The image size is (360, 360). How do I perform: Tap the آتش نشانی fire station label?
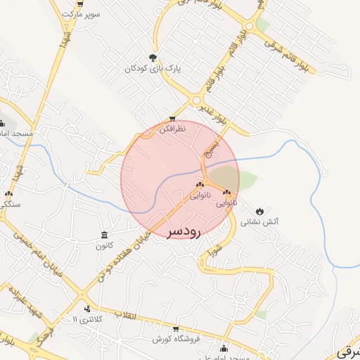[x=260, y=221]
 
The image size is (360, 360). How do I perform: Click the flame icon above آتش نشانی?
[x=260, y=210]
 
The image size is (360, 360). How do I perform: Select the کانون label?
[x=104, y=246]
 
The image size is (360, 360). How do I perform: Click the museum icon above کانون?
[x=104, y=235]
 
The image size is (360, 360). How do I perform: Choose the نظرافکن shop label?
[x=172, y=129]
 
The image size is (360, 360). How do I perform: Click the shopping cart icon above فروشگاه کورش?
[x=175, y=329]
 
